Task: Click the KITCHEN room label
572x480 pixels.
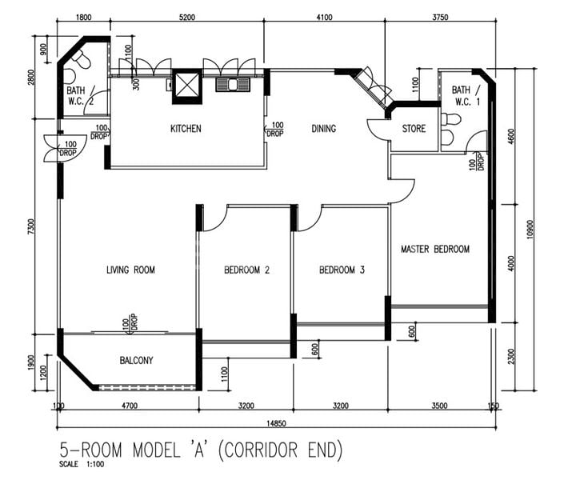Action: [186, 129]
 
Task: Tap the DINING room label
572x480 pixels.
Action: [323, 129]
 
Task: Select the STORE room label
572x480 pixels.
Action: [414, 128]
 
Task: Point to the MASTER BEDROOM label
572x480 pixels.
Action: [435, 249]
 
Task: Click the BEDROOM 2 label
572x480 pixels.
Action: [246, 270]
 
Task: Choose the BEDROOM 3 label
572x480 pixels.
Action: [342, 270]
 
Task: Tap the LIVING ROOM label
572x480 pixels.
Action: [130, 270]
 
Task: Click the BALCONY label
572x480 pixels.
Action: [136, 360]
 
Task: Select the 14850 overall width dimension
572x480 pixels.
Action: [276, 423]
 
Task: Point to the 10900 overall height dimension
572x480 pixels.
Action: [530, 230]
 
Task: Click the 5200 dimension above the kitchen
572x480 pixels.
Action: [186, 17]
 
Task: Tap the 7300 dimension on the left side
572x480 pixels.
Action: [30, 226]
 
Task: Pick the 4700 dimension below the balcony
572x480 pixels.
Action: [130, 406]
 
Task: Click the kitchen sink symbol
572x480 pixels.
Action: [233, 85]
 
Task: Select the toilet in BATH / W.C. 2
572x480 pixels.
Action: [81, 59]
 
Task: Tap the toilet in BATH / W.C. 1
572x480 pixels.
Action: [451, 119]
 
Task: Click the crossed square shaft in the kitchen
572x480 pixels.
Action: [186, 86]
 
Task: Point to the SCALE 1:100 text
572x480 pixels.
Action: [82, 464]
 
